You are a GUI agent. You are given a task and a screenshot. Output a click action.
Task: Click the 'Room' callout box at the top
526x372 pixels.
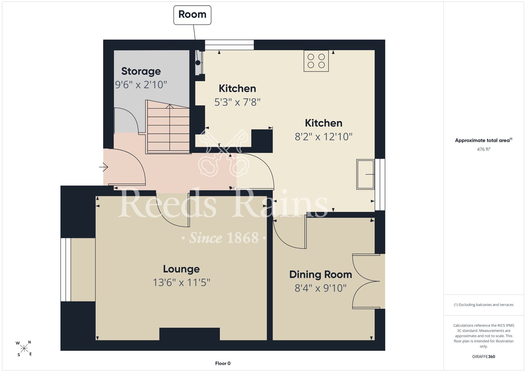coord(192,15)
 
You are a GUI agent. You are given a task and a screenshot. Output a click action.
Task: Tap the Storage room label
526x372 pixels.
coord(141,71)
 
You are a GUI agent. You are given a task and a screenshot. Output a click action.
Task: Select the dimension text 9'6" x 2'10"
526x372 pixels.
coord(141,85)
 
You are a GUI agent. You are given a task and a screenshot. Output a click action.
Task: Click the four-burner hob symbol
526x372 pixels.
coord(316,61)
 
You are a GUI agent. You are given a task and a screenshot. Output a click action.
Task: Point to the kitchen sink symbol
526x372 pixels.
coord(365,174)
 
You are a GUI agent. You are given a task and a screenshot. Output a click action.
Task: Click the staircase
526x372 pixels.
coord(168,127)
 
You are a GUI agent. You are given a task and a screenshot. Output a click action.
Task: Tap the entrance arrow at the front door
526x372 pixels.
coord(104,167)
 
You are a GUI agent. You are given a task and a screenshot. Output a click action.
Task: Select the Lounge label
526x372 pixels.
coord(181,269)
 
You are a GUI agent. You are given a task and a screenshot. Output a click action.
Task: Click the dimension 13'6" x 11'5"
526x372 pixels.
coord(181,283)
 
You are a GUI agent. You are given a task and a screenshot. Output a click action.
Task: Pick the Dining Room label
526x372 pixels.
coord(321,275)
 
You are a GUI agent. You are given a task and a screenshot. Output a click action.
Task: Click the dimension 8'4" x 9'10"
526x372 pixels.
coord(321,288)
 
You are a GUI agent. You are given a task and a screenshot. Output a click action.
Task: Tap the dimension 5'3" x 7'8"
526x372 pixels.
coord(237,102)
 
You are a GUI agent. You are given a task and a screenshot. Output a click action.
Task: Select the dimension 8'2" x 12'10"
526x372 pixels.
coord(323,137)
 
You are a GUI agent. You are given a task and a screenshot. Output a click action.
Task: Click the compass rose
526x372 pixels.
coord(24,349)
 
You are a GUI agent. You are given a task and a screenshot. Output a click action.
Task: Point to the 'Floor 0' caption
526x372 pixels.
coord(223,363)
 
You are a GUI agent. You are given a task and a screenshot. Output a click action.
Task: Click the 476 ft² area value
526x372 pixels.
coord(484,149)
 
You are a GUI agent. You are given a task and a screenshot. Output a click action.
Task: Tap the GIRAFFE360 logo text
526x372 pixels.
coord(484,357)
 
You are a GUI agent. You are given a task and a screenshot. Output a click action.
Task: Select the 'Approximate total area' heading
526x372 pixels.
coord(484,140)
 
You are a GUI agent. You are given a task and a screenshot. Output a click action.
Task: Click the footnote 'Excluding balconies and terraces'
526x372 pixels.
coord(484,305)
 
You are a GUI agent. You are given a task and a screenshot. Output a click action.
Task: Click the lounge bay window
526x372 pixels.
coord(66,270)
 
